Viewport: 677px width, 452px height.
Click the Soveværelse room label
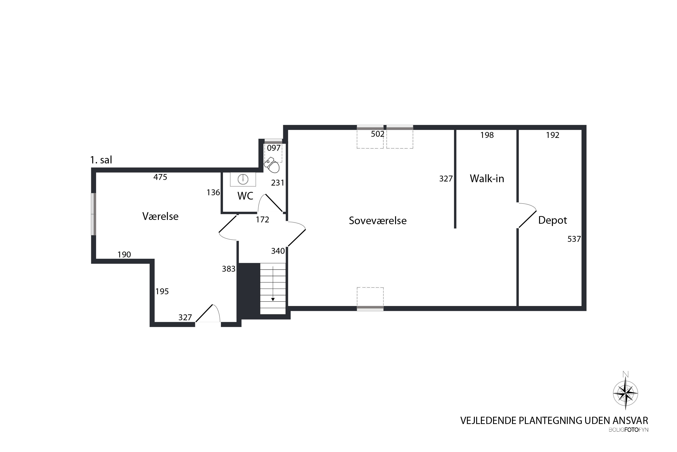pyautogui.click(x=378, y=221)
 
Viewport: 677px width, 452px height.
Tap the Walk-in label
pyautogui.click(x=487, y=179)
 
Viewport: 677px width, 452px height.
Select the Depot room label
pyautogui.click(x=552, y=220)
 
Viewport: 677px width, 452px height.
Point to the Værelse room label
pyautogui.click(x=160, y=216)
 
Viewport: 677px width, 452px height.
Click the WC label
pyautogui.click(x=245, y=196)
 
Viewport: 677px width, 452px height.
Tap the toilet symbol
pyautogui.click(x=272, y=165)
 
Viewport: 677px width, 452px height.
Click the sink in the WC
pyautogui.click(x=243, y=179)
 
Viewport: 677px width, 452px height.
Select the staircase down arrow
pyautogui.click(x=273, y=284)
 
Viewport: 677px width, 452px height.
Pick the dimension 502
pyautogui.click(x=378, y=134)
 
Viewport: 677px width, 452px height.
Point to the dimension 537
pyautogui.click(x=574, y=239)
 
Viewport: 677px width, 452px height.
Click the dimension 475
pyautogui.click(x=160, y=177)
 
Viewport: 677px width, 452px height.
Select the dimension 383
pyautogui.click(x=229, y=269)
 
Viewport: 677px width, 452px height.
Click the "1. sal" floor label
pyautogui.click(x=101, y=160)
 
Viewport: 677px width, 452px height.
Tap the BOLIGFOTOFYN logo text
pyautogui.click(x=628, y=438)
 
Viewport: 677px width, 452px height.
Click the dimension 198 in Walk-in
pyautogui.click(x=487, y=135)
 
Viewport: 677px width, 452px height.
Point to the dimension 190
pyautogui.click(x=124, y=254)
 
